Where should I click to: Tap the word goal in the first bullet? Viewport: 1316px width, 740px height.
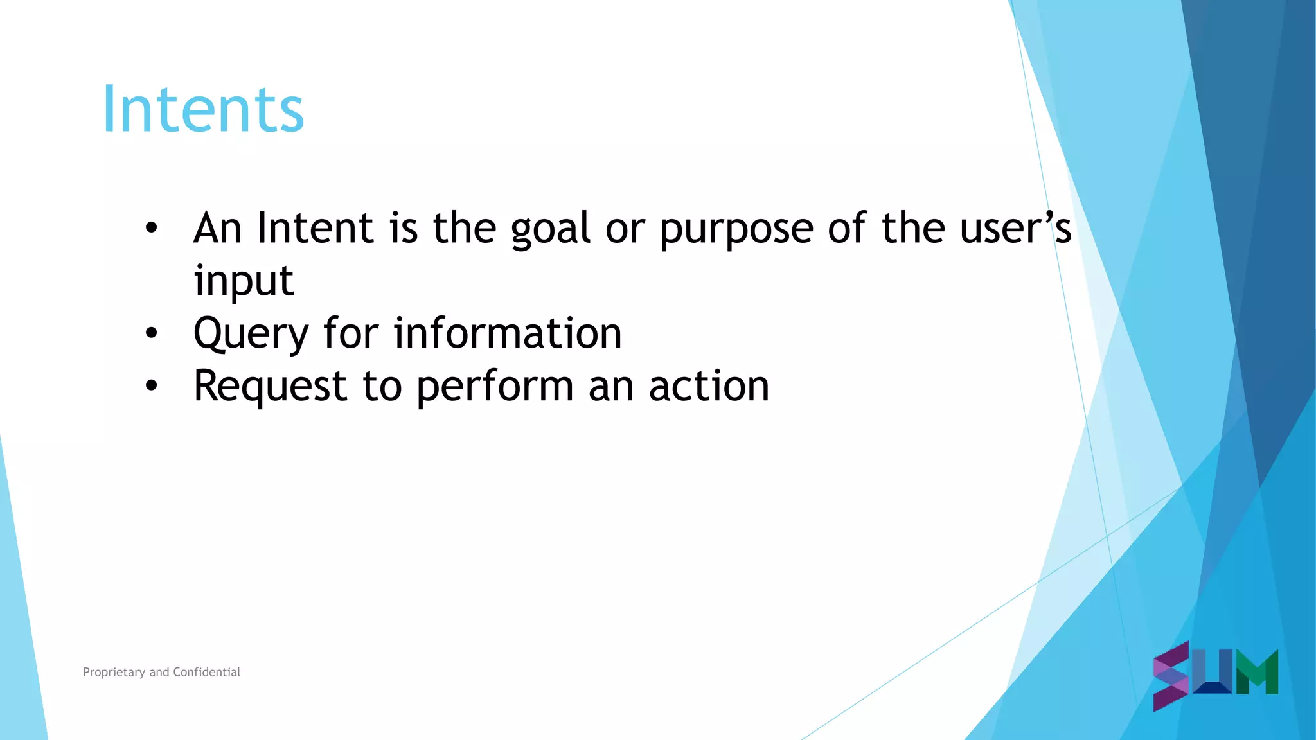click(551, 229)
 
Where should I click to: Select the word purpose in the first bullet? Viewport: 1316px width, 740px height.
click(736, 229)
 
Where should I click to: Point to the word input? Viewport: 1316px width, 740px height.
click(244, 282)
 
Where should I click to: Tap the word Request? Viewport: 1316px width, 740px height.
click(271, 387)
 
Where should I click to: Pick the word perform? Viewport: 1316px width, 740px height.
click(495, 387)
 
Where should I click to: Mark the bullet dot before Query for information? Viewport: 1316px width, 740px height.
click(151, 333)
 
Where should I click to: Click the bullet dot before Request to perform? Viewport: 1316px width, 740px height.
click(151, 385)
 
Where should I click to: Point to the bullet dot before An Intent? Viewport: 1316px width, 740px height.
click(151, 227)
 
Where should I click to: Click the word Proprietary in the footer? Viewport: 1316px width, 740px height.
click(114, 673)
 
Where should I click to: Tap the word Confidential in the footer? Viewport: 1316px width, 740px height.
click(206, 672)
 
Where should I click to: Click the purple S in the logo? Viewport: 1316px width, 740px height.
click(1171, 676)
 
